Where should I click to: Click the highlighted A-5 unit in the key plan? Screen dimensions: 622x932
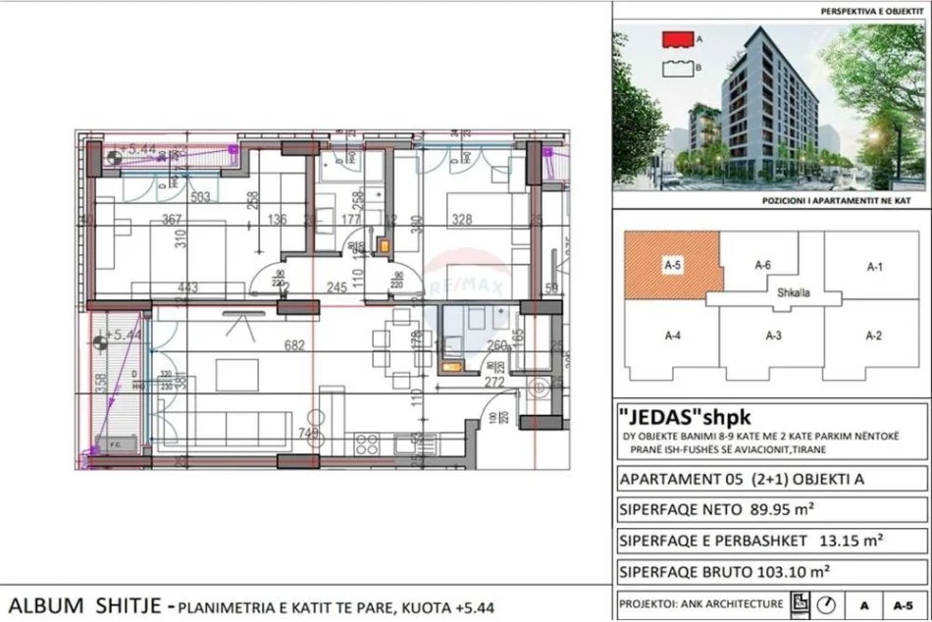point(672,265)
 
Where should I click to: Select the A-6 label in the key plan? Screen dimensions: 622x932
point(763,265)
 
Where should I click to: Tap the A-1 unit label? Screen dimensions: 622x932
point(874,265)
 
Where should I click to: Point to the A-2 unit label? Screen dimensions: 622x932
point(874,336)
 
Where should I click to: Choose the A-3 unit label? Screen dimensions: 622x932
point(773,336)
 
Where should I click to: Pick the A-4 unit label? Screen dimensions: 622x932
point(673,336)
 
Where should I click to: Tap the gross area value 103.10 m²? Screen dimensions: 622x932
point(791,570)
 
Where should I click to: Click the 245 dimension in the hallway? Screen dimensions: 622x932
point(337,287)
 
